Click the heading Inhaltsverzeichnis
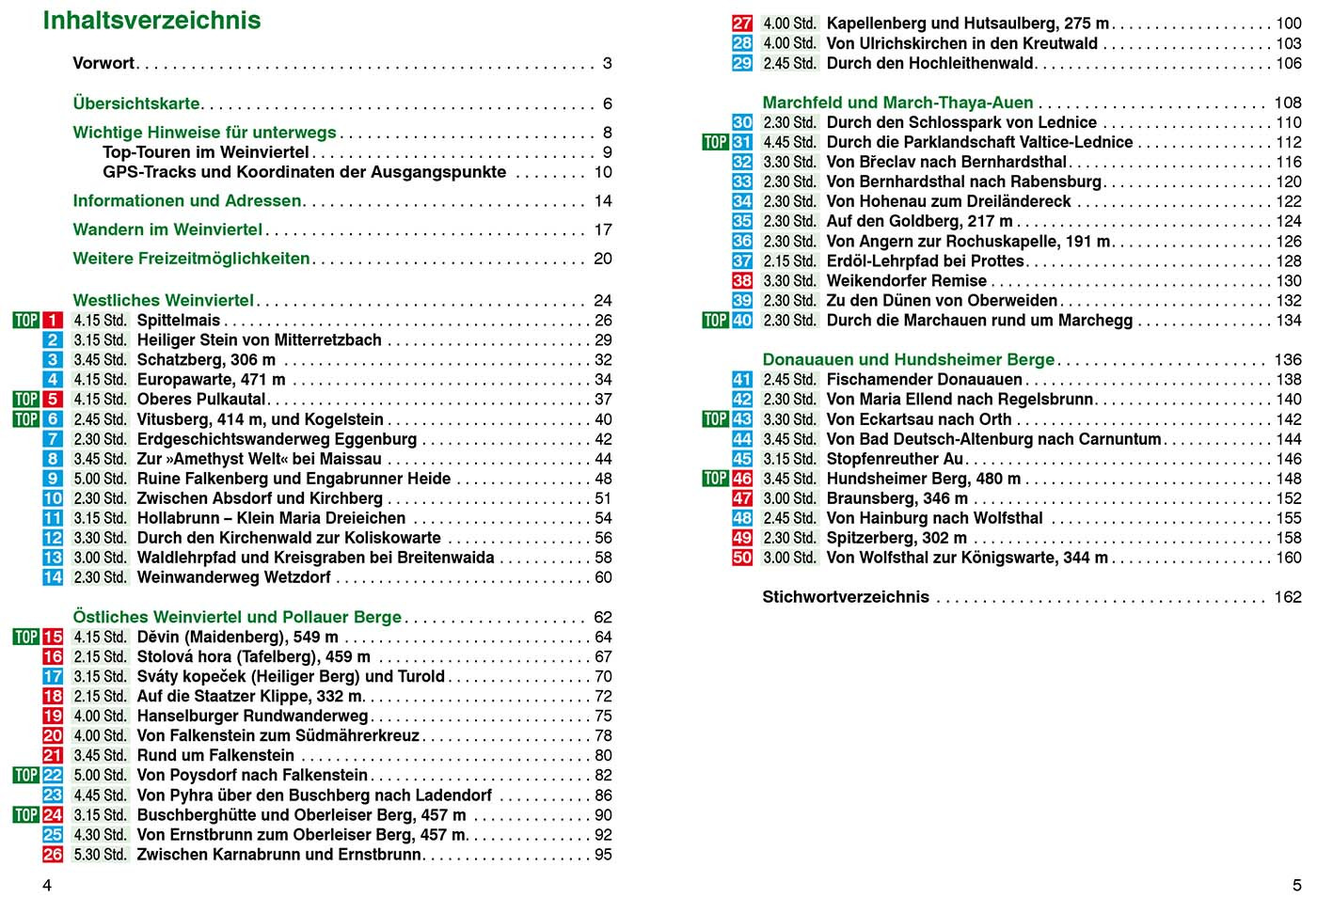[x=152, y=21]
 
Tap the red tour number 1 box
[x=53, y=321]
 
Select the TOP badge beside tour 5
[x=26, y=400]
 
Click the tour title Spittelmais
[x=179, y=321]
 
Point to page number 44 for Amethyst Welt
[x=603, y=459]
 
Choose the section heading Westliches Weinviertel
[x=164, y=301]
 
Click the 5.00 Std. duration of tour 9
[x=100, y=479]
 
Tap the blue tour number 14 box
[x=53, y=577]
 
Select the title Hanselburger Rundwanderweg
[x=252, y=717]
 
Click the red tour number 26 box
[x=53, y=855]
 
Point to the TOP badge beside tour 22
[x=26, y=776]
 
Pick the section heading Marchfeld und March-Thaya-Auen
[x=897, y=102]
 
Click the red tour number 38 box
[x=742, y=281]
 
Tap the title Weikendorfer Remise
[x=906, y=281]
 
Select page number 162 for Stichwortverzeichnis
[x=1287, y=597]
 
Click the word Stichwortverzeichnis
[x=846, y=597]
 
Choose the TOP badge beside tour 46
[x=715, y=479]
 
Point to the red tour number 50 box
[x=742, y=558]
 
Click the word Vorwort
[x=103, y=64]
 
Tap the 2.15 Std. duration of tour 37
[x=789, y=261]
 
